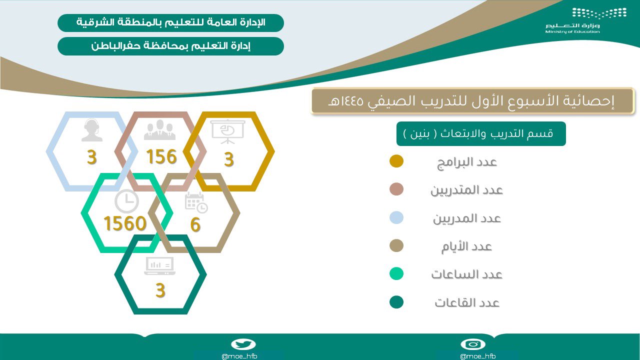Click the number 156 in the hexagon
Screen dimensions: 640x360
click(161, 156)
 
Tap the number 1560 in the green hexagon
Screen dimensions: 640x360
click(125, 223)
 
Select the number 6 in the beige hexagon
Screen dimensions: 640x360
click(195, 224)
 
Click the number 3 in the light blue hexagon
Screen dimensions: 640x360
click(91, 157)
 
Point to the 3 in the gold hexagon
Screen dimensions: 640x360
click(229, 159)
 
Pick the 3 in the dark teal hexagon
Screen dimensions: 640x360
click(160, 290)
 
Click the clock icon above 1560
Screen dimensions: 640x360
click(127, 201)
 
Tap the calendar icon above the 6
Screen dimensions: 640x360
click(196, 202)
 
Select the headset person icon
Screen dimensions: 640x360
click(91, 130)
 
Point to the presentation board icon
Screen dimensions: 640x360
click(227, 131)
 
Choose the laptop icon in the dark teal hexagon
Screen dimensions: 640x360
click(159, 266)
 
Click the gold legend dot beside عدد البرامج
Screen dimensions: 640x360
click(396, 161)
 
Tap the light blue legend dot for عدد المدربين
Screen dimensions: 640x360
click(396, 217)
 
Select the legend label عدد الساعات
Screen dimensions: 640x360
click(467, 274)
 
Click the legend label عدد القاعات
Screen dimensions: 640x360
click(467, 302)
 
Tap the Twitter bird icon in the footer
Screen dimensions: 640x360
click(239, 344)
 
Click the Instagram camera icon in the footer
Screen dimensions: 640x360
click(473, 344)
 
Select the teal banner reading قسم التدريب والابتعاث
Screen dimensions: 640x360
click(481, 133)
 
